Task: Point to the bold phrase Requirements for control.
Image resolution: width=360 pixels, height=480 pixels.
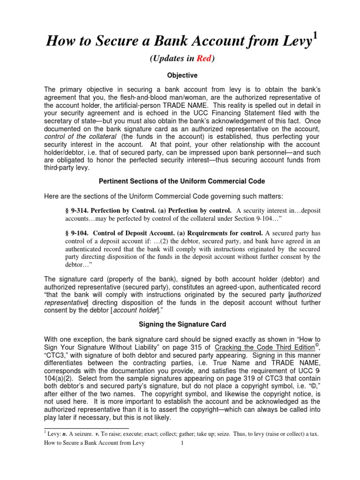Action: pos(224,233)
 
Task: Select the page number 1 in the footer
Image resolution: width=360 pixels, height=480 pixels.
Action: pos(181,443)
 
